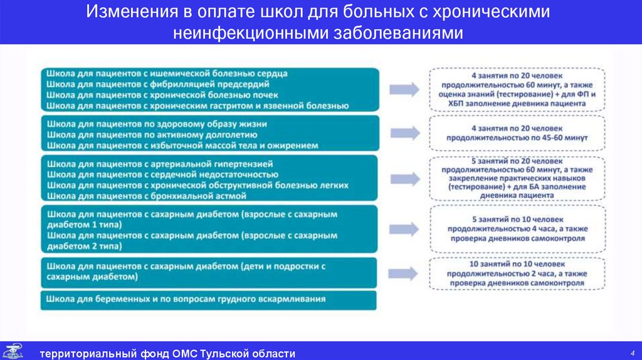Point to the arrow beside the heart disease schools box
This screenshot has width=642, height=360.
pyautogui.click(x=404, y=88)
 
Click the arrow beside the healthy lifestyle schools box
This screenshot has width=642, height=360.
pyautogui.click(x=404, y=132)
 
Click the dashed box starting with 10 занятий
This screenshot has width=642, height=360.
pyautogui.click(x=517, y=273)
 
